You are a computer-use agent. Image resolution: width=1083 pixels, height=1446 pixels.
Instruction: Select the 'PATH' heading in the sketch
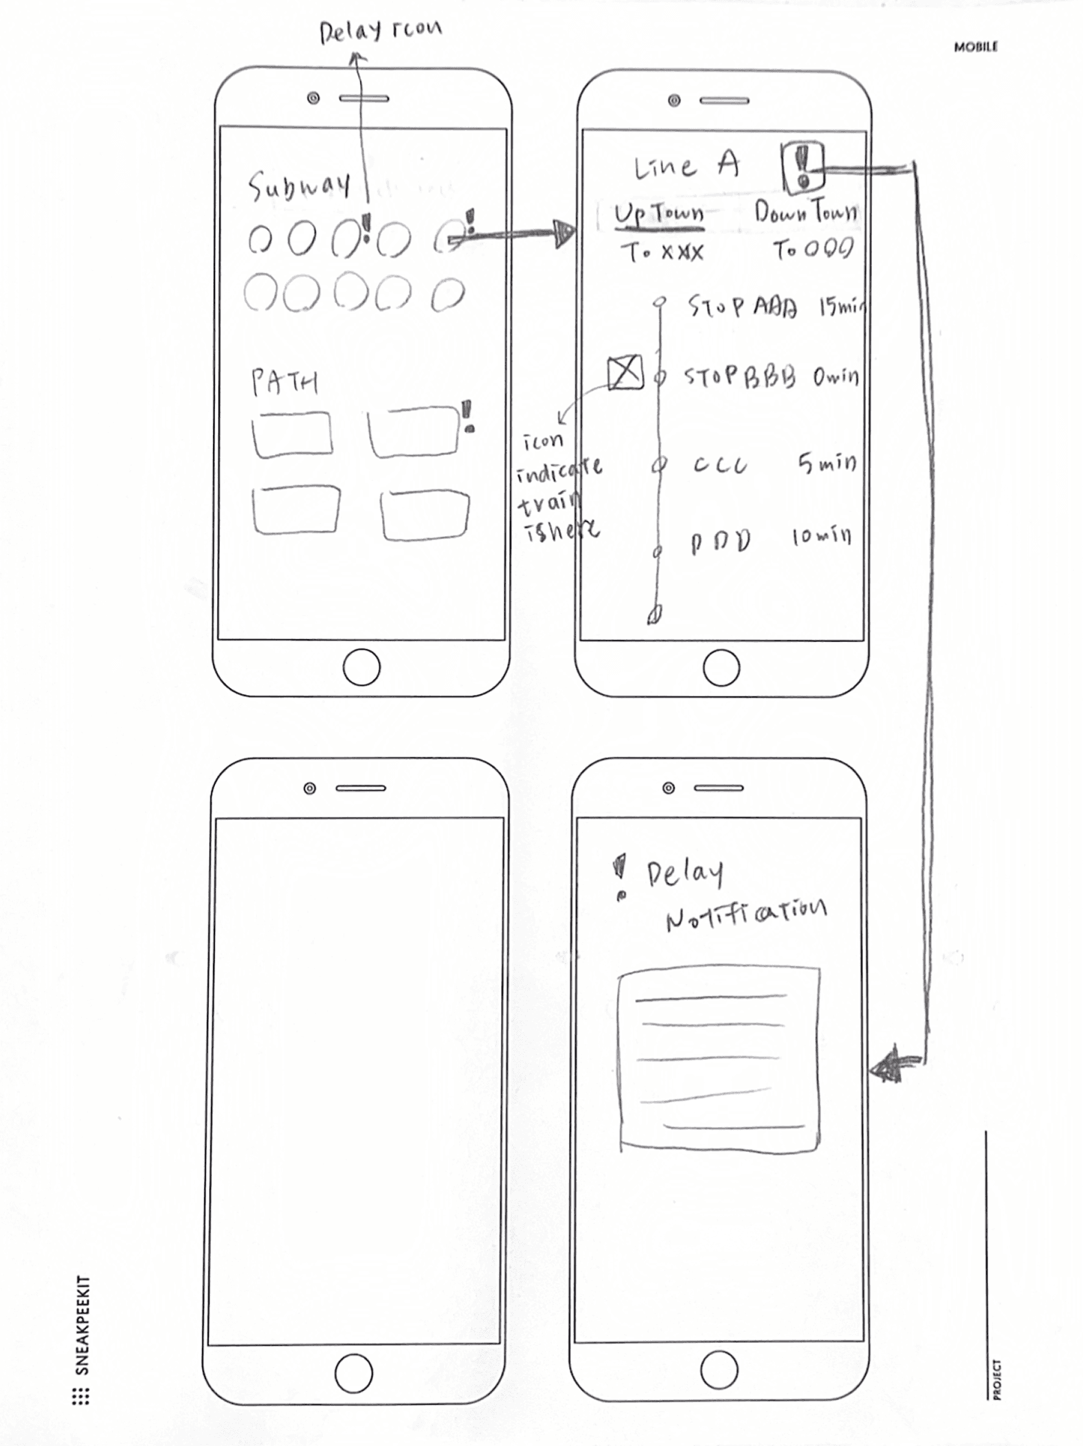(x=284, y=382)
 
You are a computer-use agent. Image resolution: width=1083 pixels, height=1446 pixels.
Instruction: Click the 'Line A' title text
(x=686, y=166)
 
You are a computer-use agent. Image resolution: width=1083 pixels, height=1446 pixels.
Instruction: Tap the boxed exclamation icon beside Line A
(x=802, y=167)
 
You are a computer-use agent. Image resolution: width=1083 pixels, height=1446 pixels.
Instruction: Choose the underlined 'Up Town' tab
(x=658, y=214)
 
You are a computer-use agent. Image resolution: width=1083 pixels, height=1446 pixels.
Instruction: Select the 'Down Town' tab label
(x=805, y=211)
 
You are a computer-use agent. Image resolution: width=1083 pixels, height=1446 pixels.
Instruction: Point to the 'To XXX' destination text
(x=662, y=252)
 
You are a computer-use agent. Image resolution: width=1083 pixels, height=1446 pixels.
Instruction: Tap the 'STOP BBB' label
(x=739, y=376)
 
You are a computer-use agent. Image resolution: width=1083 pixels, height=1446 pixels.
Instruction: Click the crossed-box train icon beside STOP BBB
(x=625, y=373)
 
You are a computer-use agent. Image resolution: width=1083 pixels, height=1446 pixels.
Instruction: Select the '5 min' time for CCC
(x=827, y=464)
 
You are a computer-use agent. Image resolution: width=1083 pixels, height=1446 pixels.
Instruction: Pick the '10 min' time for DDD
(x=821, y=536)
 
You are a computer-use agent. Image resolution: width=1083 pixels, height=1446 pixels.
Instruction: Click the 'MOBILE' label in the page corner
(x=975, y=47)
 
